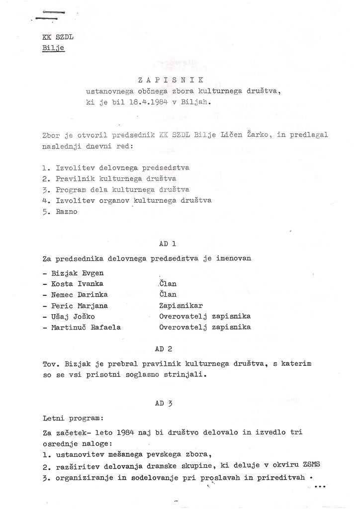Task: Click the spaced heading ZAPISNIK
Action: click(x=168, y=80)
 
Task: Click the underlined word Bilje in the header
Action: click(x=53, y=49)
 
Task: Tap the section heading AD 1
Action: click(x=167, y=244)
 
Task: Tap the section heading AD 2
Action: click(x=167, y=349)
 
